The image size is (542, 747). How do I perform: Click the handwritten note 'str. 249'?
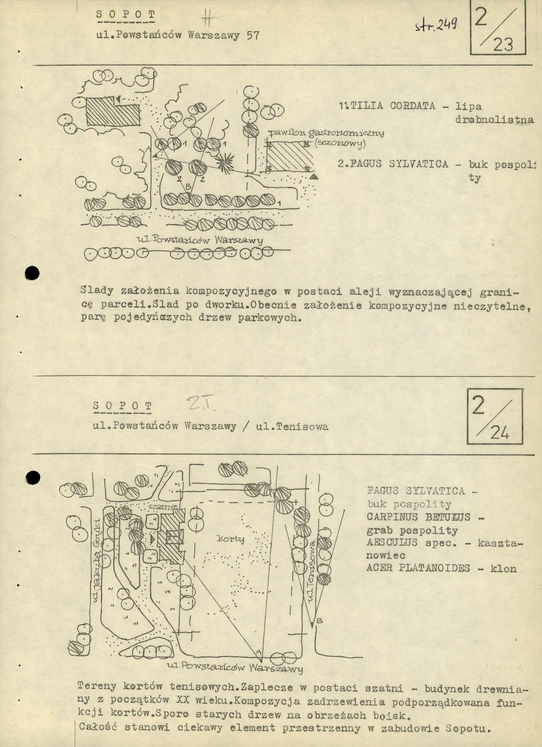[x=435, y=25]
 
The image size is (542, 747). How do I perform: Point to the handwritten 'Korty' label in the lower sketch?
[x=230, y=538]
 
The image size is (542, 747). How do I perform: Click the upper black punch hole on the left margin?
[x=31, y=272]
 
